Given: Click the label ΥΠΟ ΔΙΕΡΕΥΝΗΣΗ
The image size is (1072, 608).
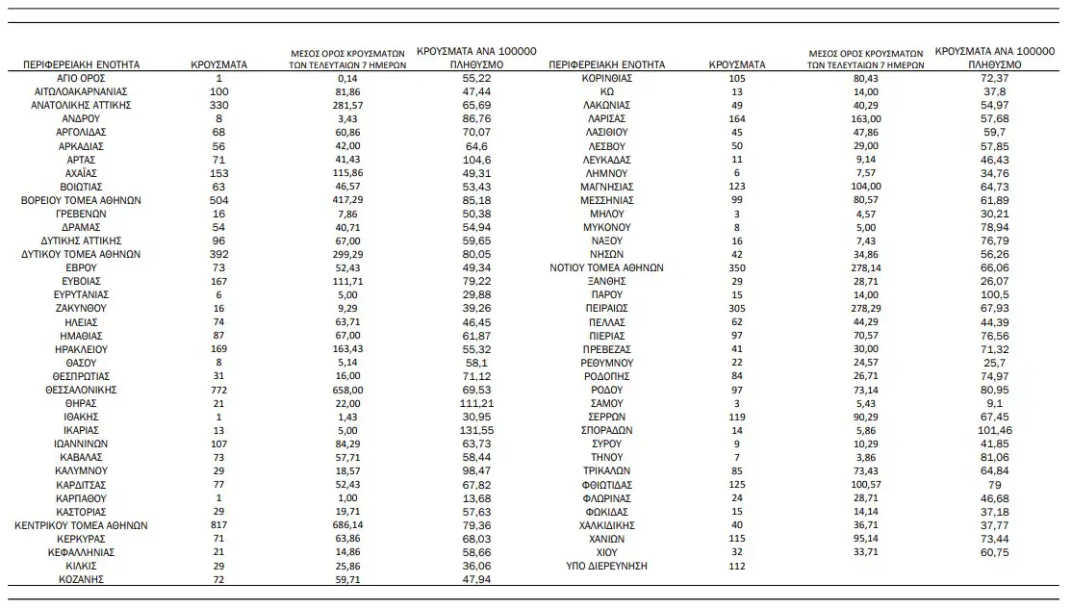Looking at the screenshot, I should (606, 567).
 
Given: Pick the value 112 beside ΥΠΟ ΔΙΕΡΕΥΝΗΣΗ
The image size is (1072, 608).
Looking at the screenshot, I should (738, 567).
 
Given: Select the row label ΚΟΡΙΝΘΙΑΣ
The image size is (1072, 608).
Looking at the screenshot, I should (606, 77).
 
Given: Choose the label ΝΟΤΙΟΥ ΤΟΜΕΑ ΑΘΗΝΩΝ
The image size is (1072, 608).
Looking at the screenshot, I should (606, 267).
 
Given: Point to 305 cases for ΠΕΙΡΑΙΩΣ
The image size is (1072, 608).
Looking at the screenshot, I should (738, 308).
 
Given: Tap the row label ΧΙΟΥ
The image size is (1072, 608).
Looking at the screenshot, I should (606, 553).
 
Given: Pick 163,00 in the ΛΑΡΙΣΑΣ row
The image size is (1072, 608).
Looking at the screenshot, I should (866, 117).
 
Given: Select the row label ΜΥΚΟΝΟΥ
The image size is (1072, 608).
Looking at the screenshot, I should (606, 227).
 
